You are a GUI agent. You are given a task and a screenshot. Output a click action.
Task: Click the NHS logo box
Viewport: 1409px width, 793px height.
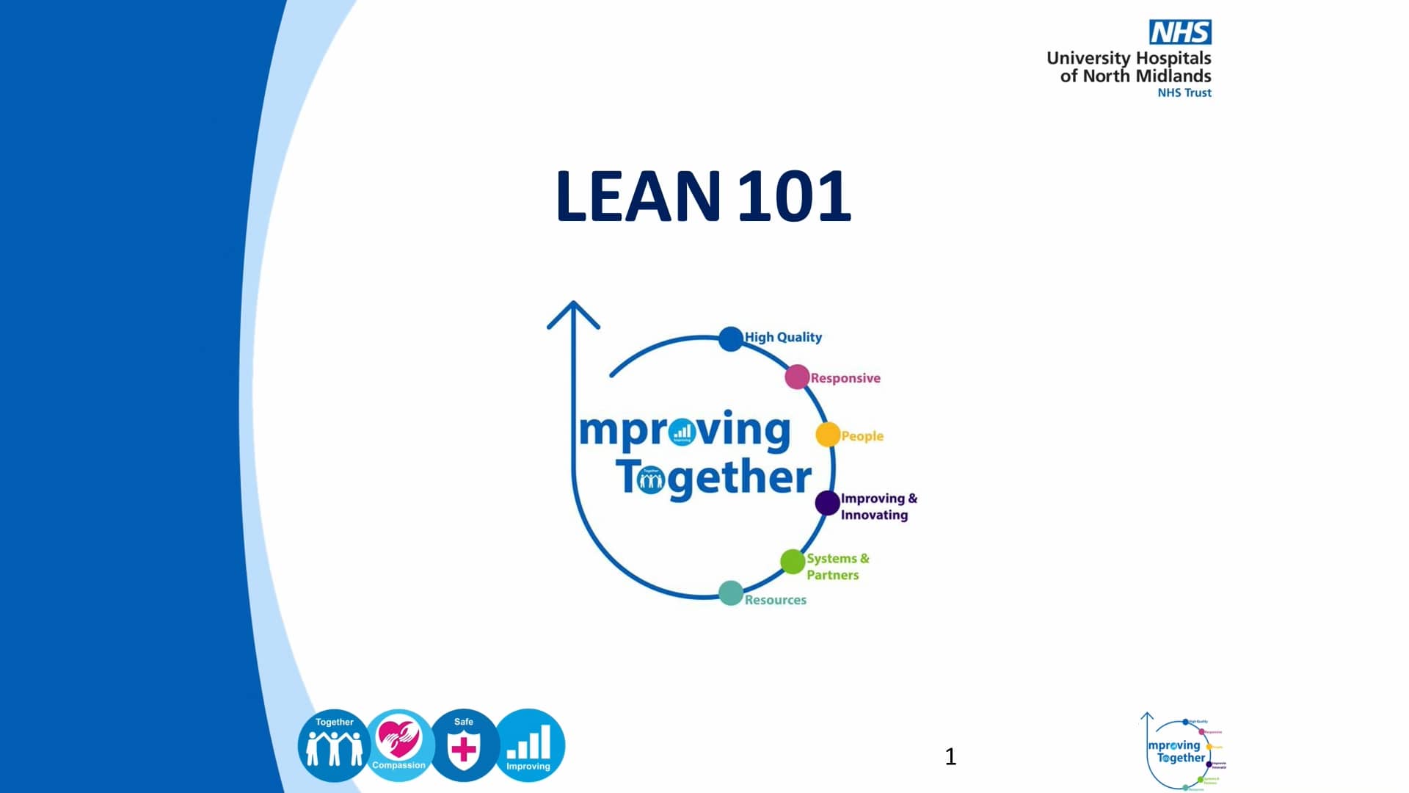pos(1180,32)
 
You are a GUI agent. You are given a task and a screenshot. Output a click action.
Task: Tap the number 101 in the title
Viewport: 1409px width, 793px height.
pos(794,196)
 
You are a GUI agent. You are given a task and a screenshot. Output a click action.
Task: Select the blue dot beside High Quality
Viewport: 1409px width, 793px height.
pos(730,338)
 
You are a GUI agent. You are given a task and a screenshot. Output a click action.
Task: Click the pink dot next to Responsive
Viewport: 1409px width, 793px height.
pos(796,377)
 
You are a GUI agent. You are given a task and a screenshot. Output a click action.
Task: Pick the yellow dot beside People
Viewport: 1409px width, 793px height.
pos(827,435)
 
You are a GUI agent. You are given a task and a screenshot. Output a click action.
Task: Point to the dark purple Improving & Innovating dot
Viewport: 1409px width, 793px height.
pos(827,503)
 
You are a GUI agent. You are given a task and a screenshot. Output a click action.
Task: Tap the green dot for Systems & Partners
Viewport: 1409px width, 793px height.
pos(793,562)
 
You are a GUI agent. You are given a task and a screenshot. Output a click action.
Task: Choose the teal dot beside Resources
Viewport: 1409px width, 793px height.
pos(730,593)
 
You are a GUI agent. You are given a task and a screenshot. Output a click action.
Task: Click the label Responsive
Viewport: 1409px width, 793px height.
pos(845,378)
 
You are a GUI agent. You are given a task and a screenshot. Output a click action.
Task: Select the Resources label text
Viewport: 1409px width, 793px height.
pos(775,600)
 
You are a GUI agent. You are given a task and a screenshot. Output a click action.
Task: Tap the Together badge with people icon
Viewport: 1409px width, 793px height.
pos(334,745)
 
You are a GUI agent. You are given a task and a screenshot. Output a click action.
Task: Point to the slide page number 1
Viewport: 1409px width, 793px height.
pos(950,756)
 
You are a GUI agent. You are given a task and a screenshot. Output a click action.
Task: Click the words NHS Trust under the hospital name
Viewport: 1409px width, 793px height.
pos(1184,93)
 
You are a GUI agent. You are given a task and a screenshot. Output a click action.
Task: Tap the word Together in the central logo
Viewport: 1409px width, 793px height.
pos(713,478)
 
